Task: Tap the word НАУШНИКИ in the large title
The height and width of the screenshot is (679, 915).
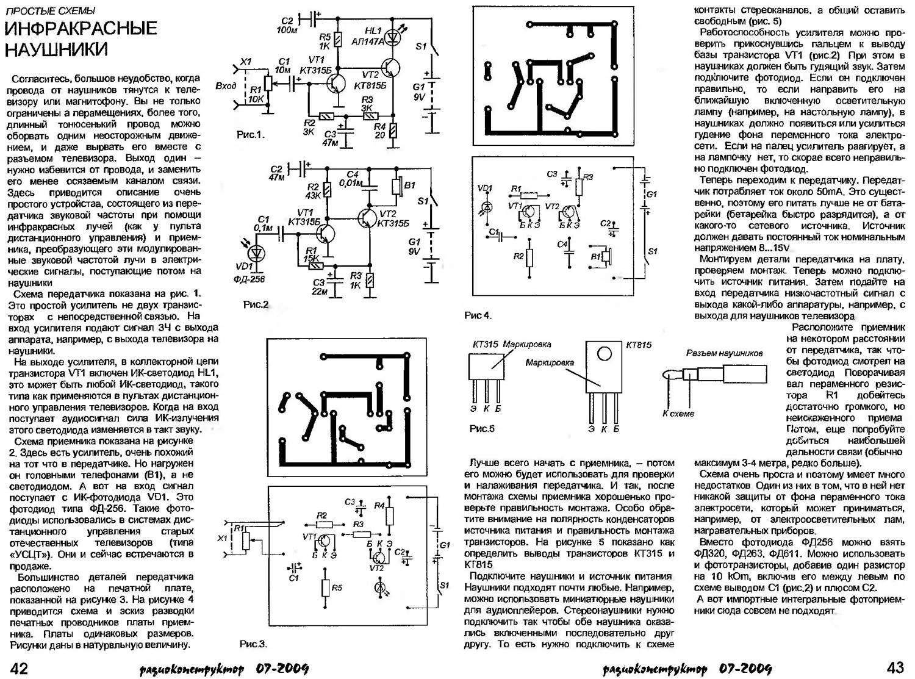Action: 56,49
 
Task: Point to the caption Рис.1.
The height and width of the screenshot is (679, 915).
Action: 251,135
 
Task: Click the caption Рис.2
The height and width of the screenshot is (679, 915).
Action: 256,304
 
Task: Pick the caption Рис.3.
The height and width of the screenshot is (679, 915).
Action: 253,644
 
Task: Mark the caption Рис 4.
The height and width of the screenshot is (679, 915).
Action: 477,315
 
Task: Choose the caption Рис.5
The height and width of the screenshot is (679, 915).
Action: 482,428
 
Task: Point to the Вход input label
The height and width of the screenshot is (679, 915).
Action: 226,86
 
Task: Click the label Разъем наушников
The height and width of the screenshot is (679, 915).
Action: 724,353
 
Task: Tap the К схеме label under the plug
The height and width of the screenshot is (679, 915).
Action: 678,413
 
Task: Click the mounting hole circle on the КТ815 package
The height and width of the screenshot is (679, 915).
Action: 604,353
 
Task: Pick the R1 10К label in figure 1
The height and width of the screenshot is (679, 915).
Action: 256,94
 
